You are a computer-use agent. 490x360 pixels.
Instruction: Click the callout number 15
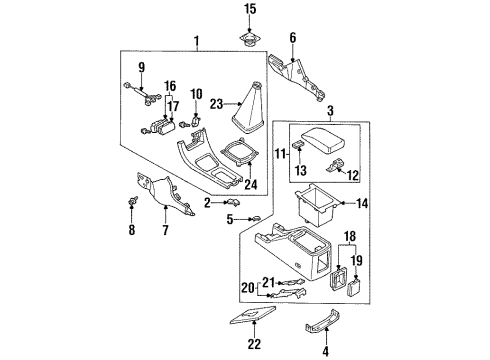coord(250,9)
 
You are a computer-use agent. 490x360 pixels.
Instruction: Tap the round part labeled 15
coord(249,39)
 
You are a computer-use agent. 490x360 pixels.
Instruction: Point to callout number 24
coord(251,184)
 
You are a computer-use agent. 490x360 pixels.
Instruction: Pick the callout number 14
coord(362,203)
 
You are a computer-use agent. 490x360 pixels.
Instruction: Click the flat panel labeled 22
coord(253,316)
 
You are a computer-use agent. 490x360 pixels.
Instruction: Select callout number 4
coord(326,351)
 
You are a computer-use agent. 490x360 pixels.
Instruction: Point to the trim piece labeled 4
coord(322,321)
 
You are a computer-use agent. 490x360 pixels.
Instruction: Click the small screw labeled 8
coord(133,201)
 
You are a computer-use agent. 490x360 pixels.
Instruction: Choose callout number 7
coord(166,230)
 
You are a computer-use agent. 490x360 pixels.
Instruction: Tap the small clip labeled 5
coord(256,219)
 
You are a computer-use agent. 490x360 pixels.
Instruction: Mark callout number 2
coord(207,203)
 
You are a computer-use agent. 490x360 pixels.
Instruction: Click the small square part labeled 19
coord(353,288)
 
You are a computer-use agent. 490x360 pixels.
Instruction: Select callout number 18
coord(350,236)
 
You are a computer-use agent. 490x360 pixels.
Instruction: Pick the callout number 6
coord(292,38)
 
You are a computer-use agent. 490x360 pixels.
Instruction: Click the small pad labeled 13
coord(298,144)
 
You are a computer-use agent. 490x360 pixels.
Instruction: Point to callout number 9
coord(142,68)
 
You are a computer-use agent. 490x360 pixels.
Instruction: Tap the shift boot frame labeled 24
coord(239,151)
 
